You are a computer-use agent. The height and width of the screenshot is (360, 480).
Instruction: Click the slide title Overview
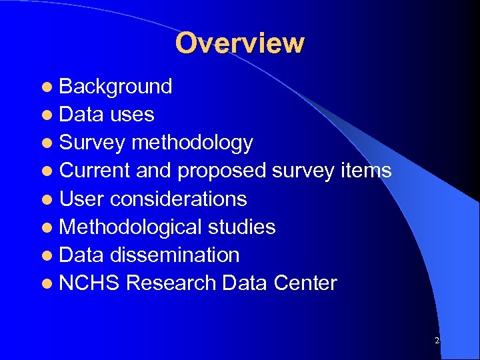pyautogui.click(x=240, y=43)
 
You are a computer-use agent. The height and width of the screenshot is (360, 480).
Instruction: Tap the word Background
pyautogui.click(x=115, y=87)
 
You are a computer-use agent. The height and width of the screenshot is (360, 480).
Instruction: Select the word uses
pyautogui.click(x=132, y=115)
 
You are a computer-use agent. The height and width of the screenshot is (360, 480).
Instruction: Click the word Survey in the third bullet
pyautogui.click(x=92, y=143)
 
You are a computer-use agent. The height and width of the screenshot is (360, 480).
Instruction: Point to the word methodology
pyautogui.click(x=192, y=143)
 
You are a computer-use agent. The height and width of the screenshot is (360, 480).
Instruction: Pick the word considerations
pyautogui.click(x=178, y=199)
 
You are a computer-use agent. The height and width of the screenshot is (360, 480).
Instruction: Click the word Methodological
pyautogui.click(x=131, y=227)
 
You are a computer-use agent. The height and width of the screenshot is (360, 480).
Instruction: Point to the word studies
pyautogui.click(x=242, y=227)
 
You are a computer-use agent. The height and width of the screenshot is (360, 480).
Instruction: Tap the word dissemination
pyautogui.click(x=175, y=255)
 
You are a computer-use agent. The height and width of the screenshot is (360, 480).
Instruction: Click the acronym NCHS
pyautogui.click(x=89, y=283)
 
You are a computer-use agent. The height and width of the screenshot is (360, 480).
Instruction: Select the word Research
pyautogui.click(x=171, y=283)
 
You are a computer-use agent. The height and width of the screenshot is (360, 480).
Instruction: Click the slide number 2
pyautogui.click(x=437, y=341)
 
